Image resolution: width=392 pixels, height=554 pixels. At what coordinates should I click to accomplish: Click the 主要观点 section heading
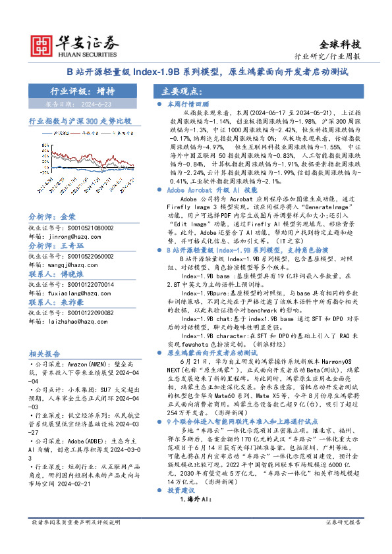(181, 91)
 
